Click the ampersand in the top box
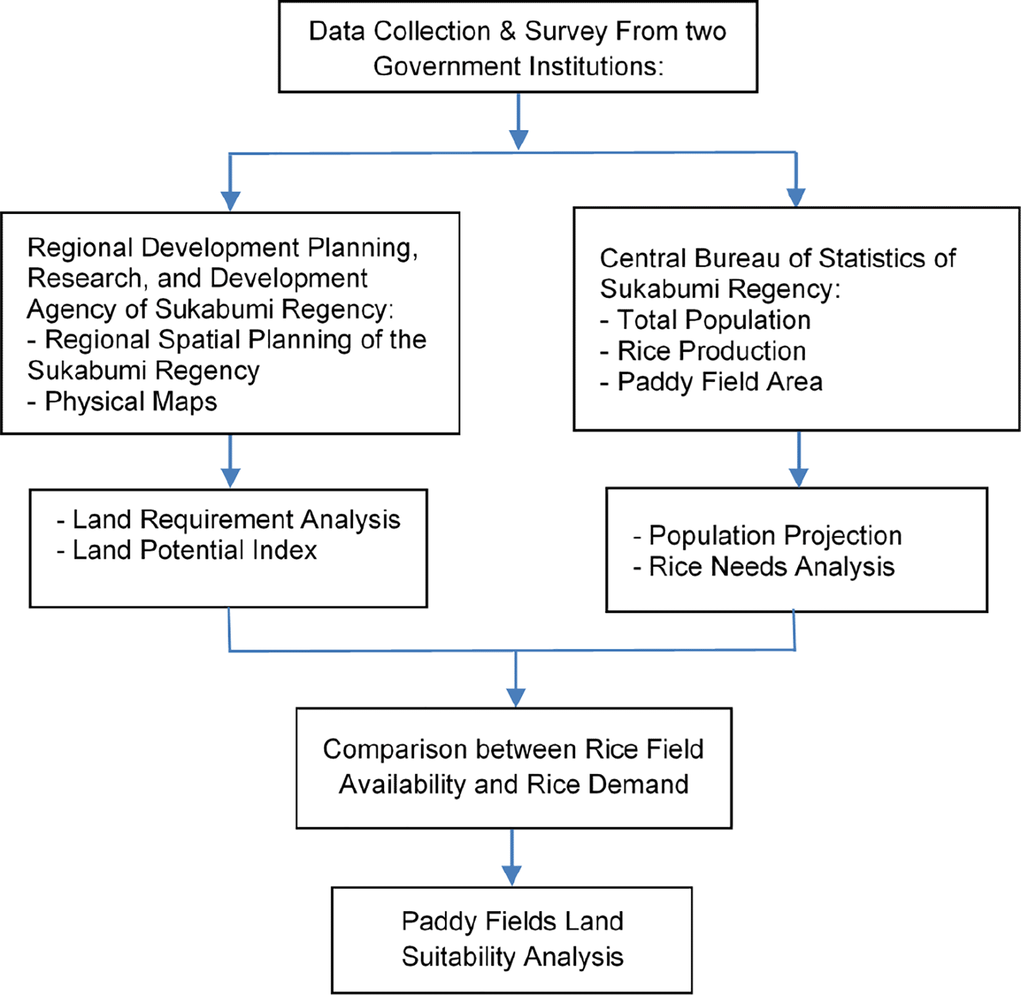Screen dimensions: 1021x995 pos(507,31)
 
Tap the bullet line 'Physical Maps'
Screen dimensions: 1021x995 pos(122,402)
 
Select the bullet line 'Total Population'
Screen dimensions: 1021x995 pos(705,320)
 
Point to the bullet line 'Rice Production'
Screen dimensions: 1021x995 pos(703,351)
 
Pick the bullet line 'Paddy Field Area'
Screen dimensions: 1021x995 pos(711,382)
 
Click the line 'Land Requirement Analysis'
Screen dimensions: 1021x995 pos(228,519)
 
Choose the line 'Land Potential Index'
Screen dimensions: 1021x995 pos(186,550)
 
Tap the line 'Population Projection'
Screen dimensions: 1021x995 pos(767,535)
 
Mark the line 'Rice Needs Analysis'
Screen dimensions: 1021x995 pos(764,567)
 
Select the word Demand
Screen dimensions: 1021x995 pos(638,785)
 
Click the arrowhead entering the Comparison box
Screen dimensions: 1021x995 pos(515,698)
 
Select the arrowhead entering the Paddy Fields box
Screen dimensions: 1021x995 pos(512,877)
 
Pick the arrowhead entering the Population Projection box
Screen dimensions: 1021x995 pos(799,477)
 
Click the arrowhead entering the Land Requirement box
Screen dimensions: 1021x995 pos(230,478)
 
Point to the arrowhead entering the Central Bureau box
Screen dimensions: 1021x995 pos(796,197)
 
